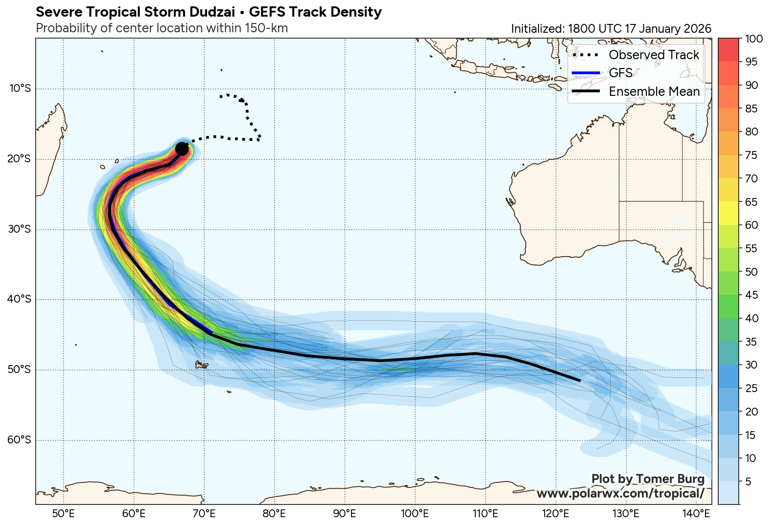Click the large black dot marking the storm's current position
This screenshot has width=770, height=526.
(x=182, y=149)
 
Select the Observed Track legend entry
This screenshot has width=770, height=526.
(x=654, y=55)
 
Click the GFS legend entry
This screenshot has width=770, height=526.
(x=620, y=73)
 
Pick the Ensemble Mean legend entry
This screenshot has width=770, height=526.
(x=654, y=91)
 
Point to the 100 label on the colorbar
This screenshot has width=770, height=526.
(x=754, y=39)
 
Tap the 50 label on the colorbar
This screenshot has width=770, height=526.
(x=751, y=272)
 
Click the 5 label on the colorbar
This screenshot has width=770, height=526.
(x=748, y=482)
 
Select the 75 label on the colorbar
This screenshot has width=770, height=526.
(x=751, y=155)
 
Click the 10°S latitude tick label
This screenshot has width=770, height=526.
(x=20, y=88)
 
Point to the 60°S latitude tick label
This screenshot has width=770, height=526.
(x=20, y=440)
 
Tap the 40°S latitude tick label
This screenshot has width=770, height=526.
(x=20, y=299)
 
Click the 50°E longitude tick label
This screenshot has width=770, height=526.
(x=64, y=514)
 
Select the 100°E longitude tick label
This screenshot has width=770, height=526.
(x=415, y=514)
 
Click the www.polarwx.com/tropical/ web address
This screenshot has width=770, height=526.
(x=620, y=494)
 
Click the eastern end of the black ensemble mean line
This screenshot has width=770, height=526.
(x=579, y=380)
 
